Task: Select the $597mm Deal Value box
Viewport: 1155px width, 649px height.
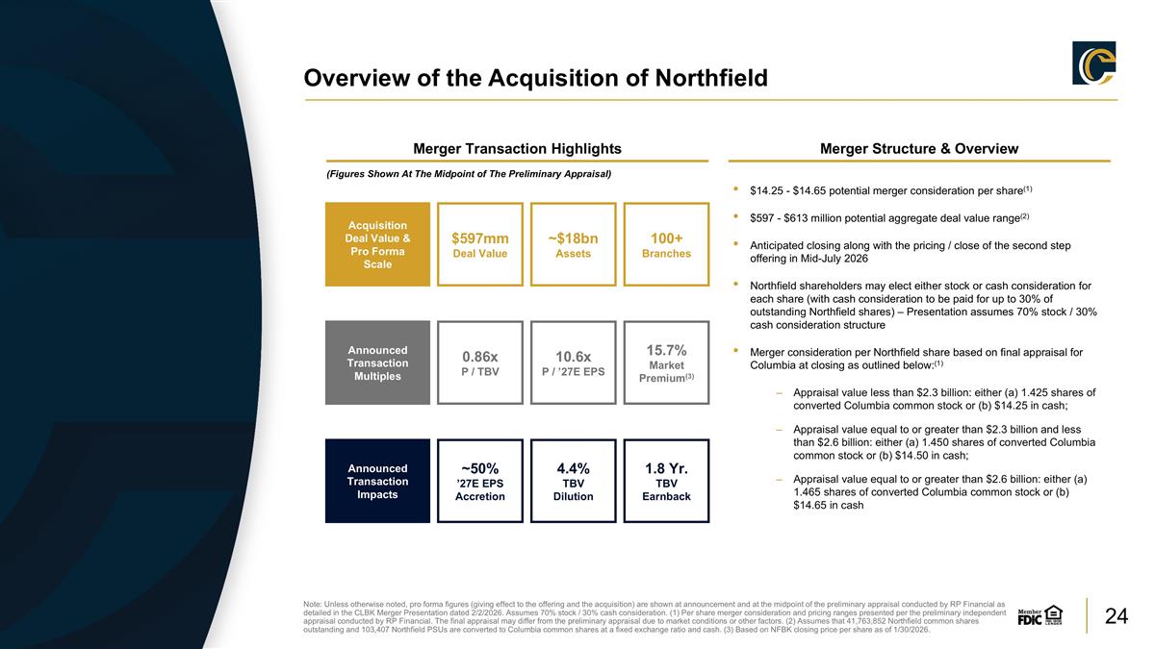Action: pos(480,244)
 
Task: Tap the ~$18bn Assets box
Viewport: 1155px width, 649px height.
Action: pos(574,244)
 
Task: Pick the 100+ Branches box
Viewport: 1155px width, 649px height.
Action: pos(667,244)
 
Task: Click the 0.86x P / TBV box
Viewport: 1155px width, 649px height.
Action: pos(480,362)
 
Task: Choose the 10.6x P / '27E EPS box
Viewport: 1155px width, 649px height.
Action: pos(574,362)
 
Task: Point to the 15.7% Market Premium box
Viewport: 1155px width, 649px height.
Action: pos(667,362)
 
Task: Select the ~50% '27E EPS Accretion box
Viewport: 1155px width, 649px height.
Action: pos(480,481)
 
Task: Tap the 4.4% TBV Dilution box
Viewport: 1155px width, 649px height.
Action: pos(574,481)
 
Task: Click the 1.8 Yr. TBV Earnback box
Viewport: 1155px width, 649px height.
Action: pos(667,481)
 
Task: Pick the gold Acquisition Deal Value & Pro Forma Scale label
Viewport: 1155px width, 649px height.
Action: pos(377,244)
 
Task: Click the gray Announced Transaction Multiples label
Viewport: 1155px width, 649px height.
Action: pos(377,362)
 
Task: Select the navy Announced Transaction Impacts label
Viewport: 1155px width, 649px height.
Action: pos(377,481)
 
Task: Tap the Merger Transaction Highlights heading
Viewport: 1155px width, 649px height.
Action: pos(517,149)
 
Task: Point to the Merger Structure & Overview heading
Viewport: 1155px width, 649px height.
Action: pos(919,149)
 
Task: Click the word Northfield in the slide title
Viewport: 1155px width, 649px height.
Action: pos(711,78)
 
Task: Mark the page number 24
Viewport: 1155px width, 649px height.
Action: pos(1116,616)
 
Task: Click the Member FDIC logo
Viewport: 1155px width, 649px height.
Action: pos(1040,615)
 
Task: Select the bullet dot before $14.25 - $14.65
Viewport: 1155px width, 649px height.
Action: pos(735,189)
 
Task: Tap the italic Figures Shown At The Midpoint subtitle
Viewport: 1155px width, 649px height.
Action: pos(469,174)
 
